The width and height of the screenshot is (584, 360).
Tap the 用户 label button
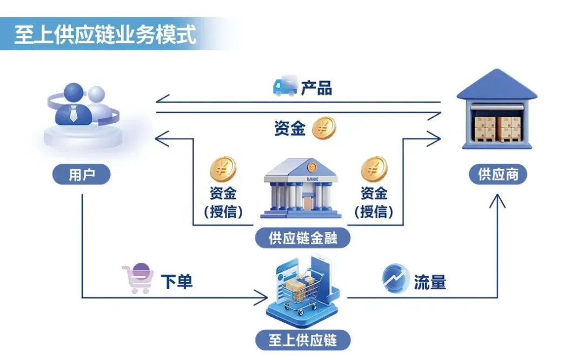point(81,175)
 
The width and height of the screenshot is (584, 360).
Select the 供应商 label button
point(498,175)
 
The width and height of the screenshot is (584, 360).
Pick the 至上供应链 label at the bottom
point(303,340)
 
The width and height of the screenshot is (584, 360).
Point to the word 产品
point(316,88)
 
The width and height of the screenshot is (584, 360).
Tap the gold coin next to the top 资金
point(324,128)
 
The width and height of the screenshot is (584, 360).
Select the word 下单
point(177,282)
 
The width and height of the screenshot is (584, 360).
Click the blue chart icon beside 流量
point(396,279)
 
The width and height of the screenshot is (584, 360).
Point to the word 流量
point(430,282)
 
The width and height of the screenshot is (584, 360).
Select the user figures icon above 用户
point(81,114)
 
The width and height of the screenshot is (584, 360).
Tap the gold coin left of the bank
point(223,169)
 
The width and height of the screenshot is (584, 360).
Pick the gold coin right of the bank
point(374,169)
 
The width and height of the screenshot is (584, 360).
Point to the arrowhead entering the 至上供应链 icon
point(263,297)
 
